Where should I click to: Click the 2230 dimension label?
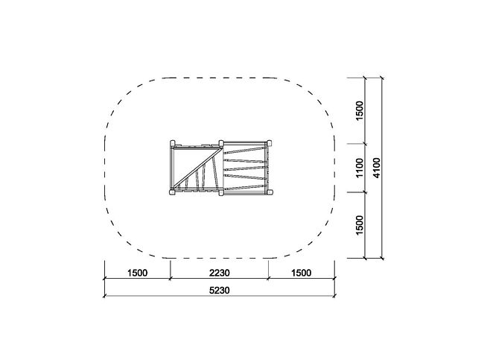(x=220, y=273)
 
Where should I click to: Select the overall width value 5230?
(x=220, y=291)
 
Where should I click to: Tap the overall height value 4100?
(x=377, y=168)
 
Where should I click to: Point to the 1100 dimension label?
(x=360, y=168)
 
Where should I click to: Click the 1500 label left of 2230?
(x=137, y=273)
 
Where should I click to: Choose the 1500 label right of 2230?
(x=302, y=273)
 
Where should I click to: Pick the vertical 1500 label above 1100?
(x=360, y=110)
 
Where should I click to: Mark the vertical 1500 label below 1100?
(x=360, y=225)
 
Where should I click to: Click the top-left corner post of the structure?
(x=173, y=143)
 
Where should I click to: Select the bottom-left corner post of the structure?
(x=173, y=192)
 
